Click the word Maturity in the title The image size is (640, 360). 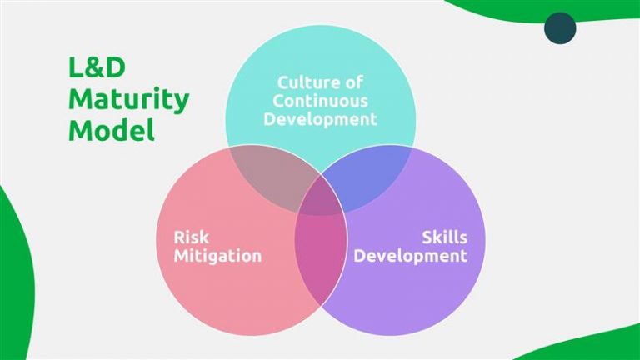[x=128, y=101]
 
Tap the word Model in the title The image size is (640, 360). [x=111, y=131]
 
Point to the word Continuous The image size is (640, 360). [x=322, y=101]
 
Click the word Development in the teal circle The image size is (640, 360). [x=321, y=119]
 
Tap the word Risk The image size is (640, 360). [x=191, y=237]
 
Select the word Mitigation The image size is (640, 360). [x=217, y=256]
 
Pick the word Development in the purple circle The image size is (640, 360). [x=410, y=256]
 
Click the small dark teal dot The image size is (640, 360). [x=560, y=27]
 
